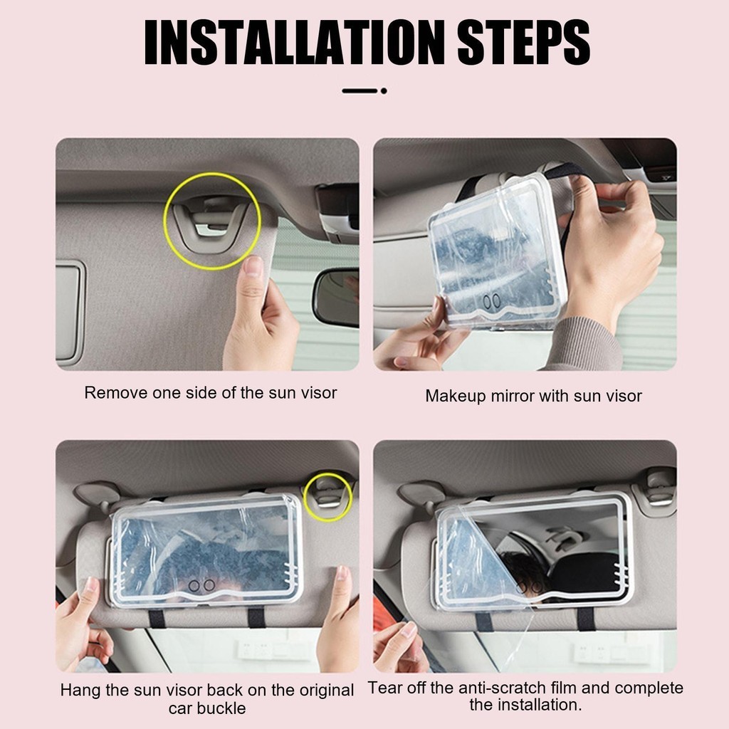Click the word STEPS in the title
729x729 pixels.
click(524, 42)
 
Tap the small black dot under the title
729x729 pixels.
click(384, 91)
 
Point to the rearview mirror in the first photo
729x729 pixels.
click(336, 298)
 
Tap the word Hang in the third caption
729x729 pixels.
click(80, 690)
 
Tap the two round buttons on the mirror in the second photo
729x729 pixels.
click(491, 302)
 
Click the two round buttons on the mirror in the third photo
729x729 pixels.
click(201, 585)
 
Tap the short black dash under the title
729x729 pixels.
click(360, 91)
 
